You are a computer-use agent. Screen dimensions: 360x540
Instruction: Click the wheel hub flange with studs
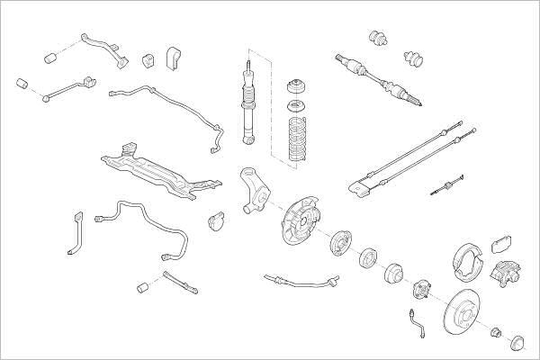[424, 289]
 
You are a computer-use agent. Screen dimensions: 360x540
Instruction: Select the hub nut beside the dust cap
[493, 334]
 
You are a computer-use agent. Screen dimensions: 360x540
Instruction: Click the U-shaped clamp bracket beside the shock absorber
[175, 58]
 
